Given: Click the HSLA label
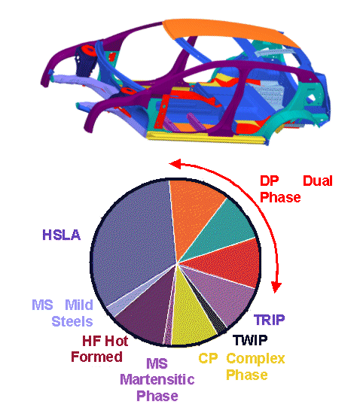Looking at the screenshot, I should (60, 235).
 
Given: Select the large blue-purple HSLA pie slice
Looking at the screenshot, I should (136, 241).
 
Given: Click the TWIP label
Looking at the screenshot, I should (249, 340).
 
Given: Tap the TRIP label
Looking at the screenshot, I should (269, 320).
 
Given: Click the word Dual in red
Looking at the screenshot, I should (317, 181).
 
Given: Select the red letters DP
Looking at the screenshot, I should (270, 181).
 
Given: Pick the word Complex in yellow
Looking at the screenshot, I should (255, 358).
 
